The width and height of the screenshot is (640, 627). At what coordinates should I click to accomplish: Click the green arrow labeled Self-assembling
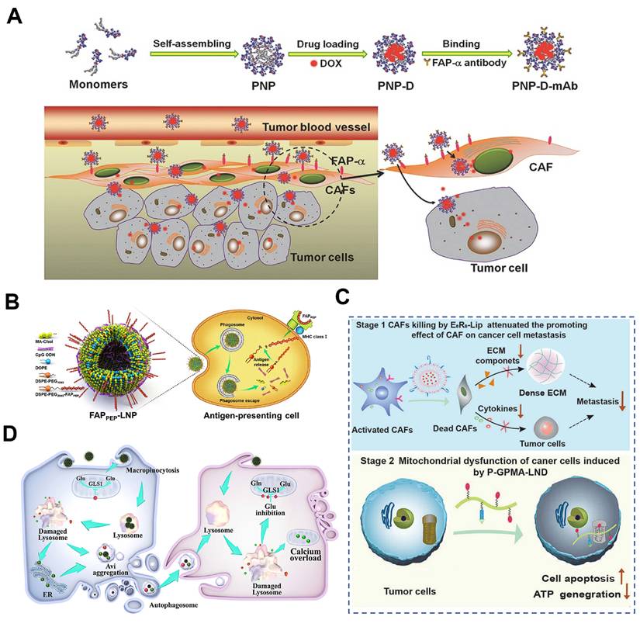point(192,55)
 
